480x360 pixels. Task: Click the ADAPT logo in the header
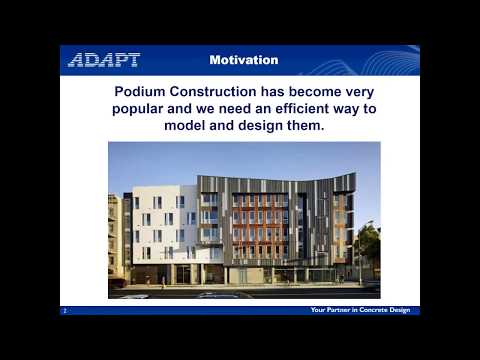point(104,60)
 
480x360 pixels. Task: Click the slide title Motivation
point(244,60)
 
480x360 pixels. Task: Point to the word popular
point(137,108)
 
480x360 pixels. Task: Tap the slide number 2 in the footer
point(65,311)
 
